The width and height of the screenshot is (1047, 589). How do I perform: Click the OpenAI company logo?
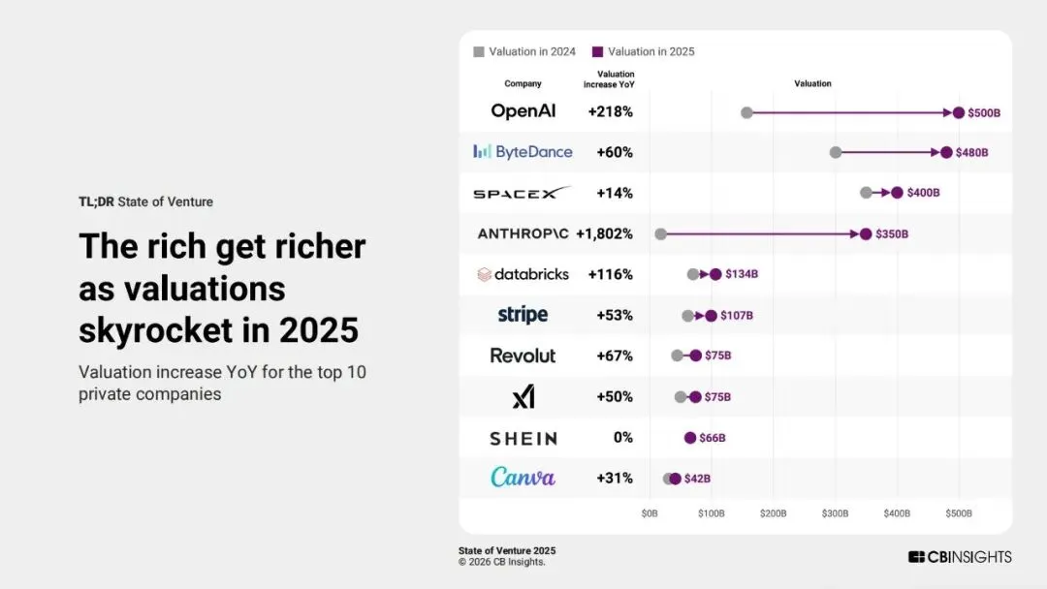(x=523, y=111)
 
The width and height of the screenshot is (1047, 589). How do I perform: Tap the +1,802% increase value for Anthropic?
(x=604, y=233)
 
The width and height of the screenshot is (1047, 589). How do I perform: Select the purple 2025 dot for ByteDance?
(x=946, y=152)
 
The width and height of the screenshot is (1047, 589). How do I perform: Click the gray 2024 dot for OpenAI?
(x=746, y=112)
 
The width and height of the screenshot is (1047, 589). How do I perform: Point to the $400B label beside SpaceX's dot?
(x=923, y=193)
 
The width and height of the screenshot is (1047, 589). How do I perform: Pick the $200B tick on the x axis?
(x=773, y=512)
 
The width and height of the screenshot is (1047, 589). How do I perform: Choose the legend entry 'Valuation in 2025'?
(x=644, y=51)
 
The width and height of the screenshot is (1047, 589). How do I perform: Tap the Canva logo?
(x=523, y=478)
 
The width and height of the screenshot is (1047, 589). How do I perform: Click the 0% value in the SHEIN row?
(x=622, y=437)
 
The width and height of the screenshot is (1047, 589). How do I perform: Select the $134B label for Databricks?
(x=742, y=274)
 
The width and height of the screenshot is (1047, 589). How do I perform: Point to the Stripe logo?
(x=523, y=315)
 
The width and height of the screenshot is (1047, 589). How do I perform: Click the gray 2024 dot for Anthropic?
(x=660, y=233)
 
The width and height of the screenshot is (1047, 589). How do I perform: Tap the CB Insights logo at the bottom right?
(x=959, y=557)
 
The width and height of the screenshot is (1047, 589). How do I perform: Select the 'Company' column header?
(x=523, y=83)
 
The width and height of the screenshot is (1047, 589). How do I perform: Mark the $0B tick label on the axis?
(x=649, y=512)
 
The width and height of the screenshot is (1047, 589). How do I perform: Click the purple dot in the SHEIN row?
(x=689, y=437)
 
